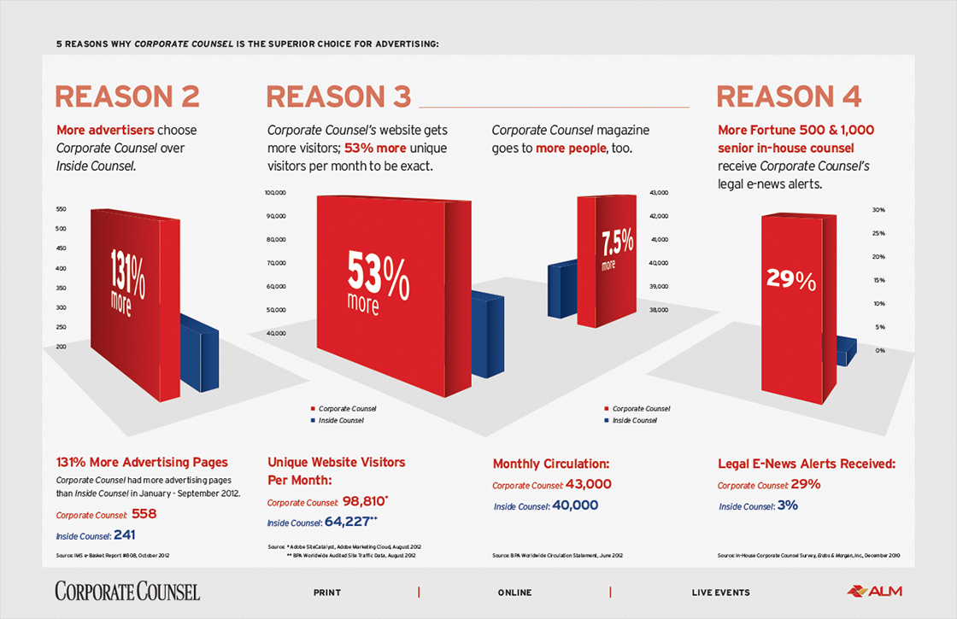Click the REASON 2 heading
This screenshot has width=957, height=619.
coord(127,96)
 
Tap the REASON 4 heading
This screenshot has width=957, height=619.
coord(789,96)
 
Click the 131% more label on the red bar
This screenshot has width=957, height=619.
coord(127,283)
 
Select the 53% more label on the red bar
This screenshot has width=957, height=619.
coord(379,281)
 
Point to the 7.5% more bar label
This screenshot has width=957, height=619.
coord(617,248)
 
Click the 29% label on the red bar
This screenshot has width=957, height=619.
coord(791,280)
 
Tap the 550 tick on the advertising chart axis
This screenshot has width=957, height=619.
coord(62,209)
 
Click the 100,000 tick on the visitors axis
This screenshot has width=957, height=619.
coord(274,193)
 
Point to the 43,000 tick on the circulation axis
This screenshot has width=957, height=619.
coord(658,193)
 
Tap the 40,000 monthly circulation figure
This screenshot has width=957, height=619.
coord(575,505)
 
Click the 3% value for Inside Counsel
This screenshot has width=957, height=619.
coord(787,505)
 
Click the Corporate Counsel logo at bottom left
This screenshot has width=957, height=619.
coord(127,591)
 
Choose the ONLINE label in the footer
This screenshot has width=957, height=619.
coord(514,593)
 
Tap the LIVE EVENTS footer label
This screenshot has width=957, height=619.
coord(720,593)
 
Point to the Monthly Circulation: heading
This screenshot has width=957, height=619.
coord(550,464)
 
